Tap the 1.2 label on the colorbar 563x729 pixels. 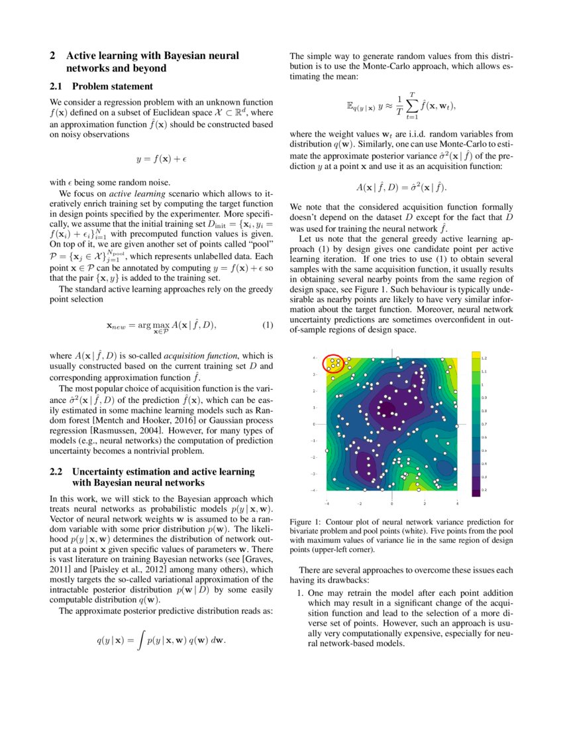click(484, 357)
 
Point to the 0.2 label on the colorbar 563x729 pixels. click(484, 489)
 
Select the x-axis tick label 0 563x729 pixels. click(393, 503)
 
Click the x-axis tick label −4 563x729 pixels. click(327, 503)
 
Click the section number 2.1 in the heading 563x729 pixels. click(58, 86)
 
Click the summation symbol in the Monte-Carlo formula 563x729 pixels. click(412, 106)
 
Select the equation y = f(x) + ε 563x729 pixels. click(161, 159)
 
